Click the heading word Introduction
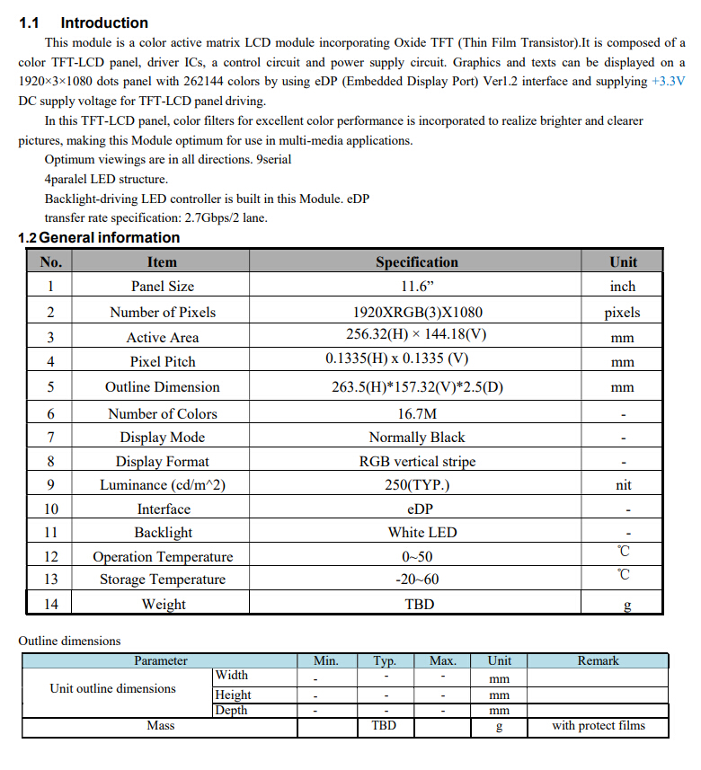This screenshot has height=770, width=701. point(104,22)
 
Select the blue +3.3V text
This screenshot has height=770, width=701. point(667,81)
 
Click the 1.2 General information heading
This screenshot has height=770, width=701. point(99,238)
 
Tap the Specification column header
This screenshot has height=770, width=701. point(416,262)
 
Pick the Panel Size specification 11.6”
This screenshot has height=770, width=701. point(416,287)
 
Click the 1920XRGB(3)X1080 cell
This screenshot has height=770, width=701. point(416,313)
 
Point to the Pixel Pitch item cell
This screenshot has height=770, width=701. point(162,362)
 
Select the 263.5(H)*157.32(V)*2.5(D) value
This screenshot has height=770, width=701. point(416,387)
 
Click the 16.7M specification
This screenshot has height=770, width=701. point(416,413)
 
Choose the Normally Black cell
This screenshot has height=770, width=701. point(416,438)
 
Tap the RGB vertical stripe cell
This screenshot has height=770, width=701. point(416,462)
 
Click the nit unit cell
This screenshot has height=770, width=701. point(623,485)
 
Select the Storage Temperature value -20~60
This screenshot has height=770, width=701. point(416,580)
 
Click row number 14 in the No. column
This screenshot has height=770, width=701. point(50,604)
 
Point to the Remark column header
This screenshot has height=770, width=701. point(598,661)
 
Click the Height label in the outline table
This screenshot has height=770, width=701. point(233,695)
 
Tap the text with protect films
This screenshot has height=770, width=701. point(598,726)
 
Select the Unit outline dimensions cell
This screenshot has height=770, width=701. point(113,689)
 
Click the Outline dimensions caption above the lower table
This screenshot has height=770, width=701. point(69,642)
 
